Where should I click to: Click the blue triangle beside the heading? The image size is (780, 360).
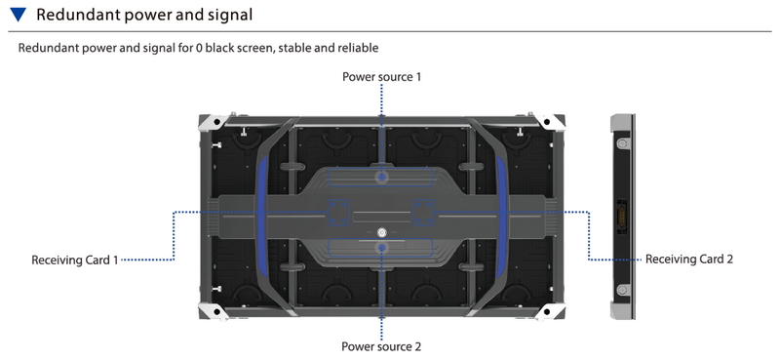point(18,15)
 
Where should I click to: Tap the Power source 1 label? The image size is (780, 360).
point(381,77)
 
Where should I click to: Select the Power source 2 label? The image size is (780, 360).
point(381,346)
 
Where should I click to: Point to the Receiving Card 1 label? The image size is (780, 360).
point(75,260)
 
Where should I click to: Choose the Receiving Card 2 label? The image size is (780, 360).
point(689,259)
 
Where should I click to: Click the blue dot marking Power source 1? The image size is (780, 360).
point(381,177)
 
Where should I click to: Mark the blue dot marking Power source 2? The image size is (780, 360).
point(381,248)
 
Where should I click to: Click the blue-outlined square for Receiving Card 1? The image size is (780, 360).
point(338,213)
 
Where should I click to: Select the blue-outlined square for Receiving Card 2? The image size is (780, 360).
point(424,213)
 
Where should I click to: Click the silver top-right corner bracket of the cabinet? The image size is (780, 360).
point(551,123)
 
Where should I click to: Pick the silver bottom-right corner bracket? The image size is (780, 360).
point(551,310)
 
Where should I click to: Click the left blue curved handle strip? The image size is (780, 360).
point(261,217)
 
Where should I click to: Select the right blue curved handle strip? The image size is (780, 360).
point(502,217)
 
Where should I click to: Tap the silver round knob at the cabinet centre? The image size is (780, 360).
point(381,232)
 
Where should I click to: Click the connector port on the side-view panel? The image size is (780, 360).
point(621,217)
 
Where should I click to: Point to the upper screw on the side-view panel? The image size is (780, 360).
point(621,143)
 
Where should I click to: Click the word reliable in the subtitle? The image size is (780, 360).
point(358,48)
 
